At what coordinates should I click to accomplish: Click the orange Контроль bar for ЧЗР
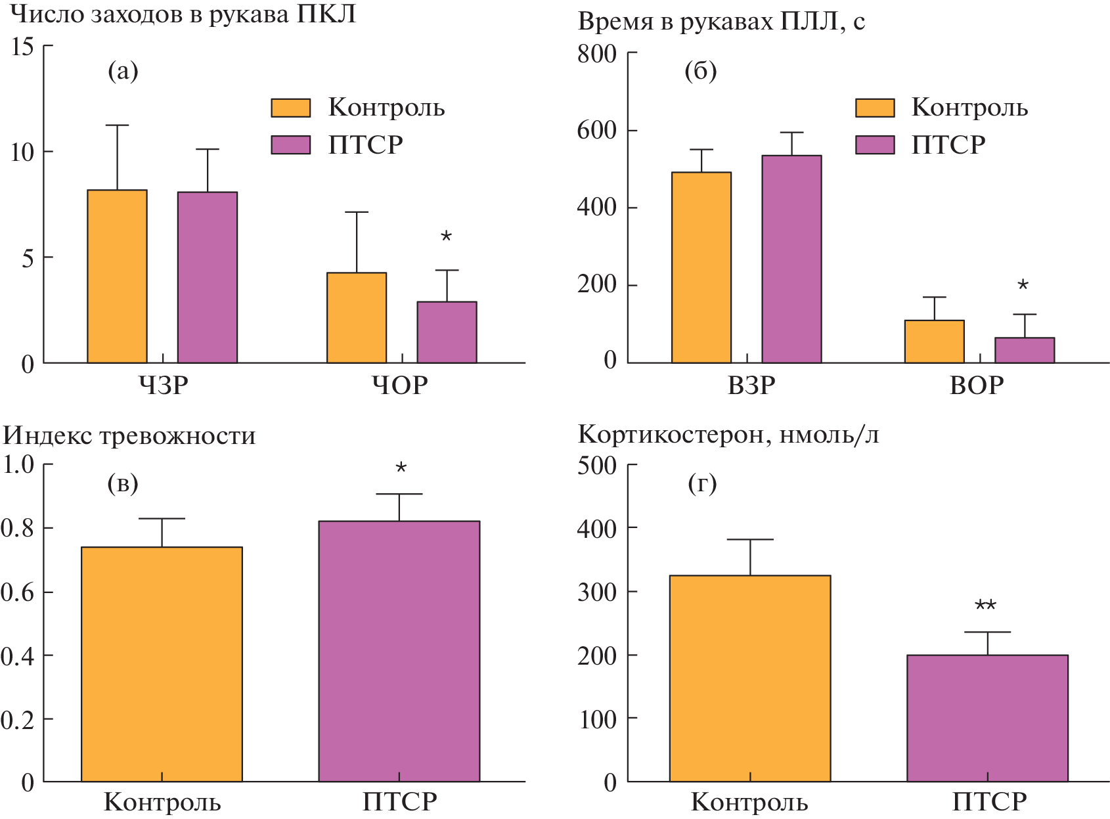(117, 277)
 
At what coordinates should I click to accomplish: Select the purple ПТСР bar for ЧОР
(447, 332)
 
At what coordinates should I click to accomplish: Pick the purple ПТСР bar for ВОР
(1024, 350)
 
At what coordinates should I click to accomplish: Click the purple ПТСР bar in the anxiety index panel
(399, 651)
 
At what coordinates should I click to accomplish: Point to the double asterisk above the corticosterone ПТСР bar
(985, 606)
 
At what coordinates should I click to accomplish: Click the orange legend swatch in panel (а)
(290, 108)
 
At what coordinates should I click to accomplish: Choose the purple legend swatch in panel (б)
(874, 144)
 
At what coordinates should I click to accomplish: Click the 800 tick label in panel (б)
(596, 54)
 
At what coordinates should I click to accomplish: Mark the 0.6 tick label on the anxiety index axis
(18, 592)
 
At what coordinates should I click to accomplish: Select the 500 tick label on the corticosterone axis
(596, 466)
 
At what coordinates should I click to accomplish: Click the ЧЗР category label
(164, 385)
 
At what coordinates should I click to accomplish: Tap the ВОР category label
(977, 385)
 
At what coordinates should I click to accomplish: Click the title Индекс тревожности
(129, 436)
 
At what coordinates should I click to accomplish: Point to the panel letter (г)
(701, 484)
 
